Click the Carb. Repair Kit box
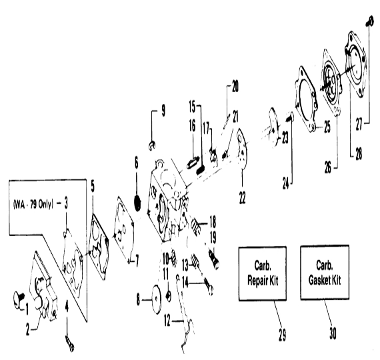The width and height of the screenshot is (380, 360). click(x=263, y=274)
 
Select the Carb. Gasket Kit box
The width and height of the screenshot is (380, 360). click(x=325, y=273)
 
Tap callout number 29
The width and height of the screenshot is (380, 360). click(x=282, y=335)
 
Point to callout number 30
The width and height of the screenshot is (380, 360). click(x=333, y=333)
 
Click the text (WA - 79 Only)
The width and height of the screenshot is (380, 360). click(x=33, y=205)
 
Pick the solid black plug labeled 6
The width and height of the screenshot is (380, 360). click(x=137, y=203)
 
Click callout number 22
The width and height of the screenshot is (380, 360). click(x=243, y=197)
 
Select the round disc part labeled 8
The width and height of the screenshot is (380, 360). click(x=157, y=299)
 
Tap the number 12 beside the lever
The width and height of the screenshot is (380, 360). click(x=167, y=320)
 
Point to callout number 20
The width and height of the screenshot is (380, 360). click(x=235, y=86)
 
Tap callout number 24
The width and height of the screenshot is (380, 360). click(x=286, y=183)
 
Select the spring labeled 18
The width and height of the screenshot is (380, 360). click(x=196, y=226)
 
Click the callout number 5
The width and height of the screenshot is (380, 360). click(x=93, y=186)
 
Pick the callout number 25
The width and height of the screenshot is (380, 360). click(x=327, y=127)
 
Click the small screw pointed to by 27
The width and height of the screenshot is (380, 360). click(x=369, y=21)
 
